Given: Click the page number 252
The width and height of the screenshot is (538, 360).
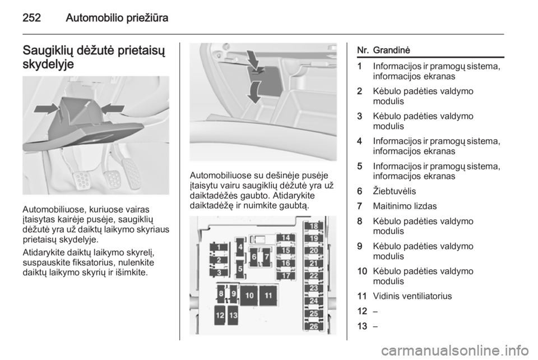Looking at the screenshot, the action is coord(31,17).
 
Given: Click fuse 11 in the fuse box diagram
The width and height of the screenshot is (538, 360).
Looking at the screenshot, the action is coord(268,296).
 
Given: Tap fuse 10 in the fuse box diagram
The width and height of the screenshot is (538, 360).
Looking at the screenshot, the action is coord(249,296).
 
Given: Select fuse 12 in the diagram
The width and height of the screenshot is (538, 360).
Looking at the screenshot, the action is coord(220,315).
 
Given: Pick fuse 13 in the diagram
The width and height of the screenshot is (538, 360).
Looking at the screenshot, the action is coord(233,315).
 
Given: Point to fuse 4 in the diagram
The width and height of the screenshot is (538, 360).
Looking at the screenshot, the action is coord(240,247).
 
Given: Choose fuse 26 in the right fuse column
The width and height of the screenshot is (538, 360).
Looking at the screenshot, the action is coord(314,326).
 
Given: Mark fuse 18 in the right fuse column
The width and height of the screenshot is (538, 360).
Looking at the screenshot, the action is coord(314,226).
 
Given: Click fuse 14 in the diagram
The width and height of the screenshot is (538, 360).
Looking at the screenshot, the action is coord(286,238).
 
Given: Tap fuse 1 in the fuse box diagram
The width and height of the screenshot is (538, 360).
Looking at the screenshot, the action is coord(219,247).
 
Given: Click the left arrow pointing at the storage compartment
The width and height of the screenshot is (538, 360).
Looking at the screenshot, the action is coord(46,109).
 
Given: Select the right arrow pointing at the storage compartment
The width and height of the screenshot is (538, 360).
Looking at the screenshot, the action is coord(113,108).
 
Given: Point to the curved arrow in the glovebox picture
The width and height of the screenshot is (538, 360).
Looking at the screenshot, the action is coord(254,92).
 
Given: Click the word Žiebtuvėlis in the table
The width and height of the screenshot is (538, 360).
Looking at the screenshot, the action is coord(394,191).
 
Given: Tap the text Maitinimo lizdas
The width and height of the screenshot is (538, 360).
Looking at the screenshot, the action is coord(405,206).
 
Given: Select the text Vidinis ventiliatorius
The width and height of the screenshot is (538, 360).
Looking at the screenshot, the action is coord(412,296).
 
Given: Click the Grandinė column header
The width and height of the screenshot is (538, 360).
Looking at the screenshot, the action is coord(392,50).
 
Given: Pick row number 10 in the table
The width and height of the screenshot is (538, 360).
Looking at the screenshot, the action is coord(362,271).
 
